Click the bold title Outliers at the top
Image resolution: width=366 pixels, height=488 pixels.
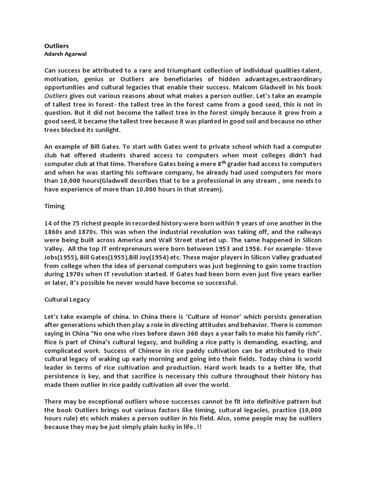[x=56, y=46]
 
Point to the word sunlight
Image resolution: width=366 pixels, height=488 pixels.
[x=108, y=130]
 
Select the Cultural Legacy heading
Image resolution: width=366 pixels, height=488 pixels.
[x=67, y=300]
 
